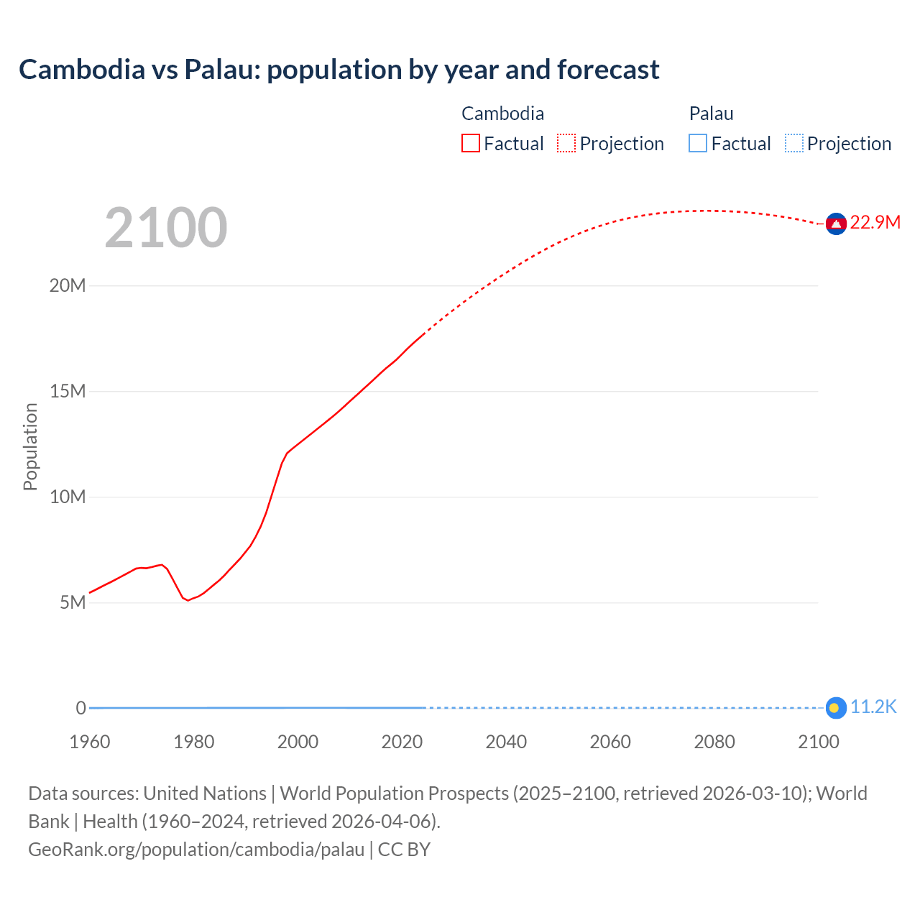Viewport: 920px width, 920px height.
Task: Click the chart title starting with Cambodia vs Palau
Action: click(339, 70)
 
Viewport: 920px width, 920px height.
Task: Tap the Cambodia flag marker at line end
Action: click(835, 224)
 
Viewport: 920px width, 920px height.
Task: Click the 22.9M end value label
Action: click(875, 222)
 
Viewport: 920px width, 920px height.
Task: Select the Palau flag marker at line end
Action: click(834, 708)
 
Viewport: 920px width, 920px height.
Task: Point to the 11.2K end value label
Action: click(873, 707)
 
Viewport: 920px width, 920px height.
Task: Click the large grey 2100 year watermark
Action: click(166, 228)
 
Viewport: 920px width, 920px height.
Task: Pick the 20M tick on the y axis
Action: click(68, 286)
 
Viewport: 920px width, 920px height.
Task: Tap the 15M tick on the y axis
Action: click(68, 392)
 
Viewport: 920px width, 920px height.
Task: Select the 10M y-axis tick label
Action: click(68, 497)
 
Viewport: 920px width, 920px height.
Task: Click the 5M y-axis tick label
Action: click(73, 602)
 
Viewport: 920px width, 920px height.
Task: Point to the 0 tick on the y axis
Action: click(80, 708)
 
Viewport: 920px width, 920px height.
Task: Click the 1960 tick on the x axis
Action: click(90, 742)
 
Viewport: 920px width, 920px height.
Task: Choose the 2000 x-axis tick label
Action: click(298, 742)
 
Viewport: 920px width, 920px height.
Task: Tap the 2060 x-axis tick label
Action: click(610, 742)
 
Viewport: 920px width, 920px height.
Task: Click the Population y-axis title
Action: click(30, 446)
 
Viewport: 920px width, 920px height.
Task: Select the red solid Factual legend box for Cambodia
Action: click(470, 144)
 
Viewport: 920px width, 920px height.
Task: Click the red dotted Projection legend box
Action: click(566, 144)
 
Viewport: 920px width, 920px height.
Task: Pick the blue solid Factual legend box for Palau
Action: click(697, 144)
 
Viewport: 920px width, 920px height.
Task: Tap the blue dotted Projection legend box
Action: click(793, 144)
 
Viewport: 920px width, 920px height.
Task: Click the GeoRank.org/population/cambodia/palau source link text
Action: click(196, 850)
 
